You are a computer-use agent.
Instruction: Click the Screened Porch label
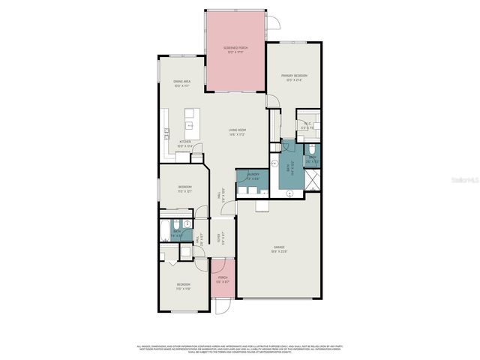point(235,49)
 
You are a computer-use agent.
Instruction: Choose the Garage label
point(278,248)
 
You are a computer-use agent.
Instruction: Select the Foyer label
point(220,238)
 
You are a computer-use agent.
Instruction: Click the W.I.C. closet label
point(308,126)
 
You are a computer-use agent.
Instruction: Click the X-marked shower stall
point(313,180)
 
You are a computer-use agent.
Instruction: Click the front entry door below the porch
point(223,305)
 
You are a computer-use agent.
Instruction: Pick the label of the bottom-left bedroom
point(183,286)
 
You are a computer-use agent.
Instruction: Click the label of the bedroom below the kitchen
point(184,188)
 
